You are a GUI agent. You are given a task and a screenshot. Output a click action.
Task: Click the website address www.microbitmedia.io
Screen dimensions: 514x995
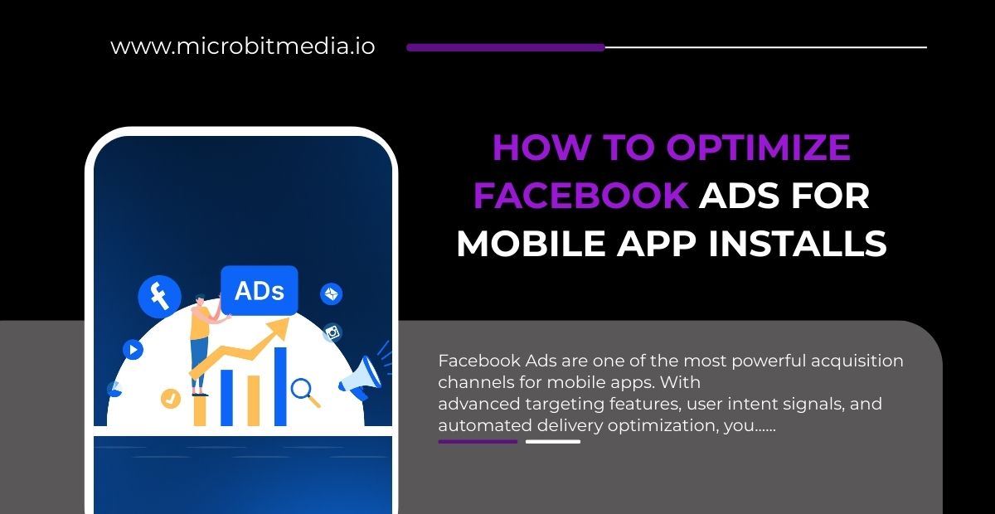tap(242, 46)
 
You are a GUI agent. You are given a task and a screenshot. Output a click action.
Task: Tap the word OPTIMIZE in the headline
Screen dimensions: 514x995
tap(758, 148)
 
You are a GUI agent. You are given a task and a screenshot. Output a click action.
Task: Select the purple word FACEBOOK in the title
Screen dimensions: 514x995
tap(580, 196)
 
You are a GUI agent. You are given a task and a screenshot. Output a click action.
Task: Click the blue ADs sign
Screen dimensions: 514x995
tap(260, 290)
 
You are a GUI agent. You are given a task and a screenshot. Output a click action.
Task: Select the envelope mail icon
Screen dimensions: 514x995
tap(332, 293)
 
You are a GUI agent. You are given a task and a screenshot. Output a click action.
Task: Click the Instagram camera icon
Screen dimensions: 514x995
tap(333, 332)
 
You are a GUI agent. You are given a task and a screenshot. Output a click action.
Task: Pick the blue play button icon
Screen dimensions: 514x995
tap(133, 350)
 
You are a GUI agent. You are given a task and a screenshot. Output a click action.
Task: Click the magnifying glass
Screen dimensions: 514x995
tap(303, 390)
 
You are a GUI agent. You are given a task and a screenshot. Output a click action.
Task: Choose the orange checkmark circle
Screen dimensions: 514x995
tap(171, 398)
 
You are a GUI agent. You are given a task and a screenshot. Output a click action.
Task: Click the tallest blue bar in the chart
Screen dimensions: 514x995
tap(280, 385)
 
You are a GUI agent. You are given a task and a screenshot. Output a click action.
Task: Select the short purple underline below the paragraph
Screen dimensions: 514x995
tap(478, 441)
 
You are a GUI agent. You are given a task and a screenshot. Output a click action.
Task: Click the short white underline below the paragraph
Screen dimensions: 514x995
tap(553, 441)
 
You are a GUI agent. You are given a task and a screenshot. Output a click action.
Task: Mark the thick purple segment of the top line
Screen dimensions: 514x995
tap(506, 47)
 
